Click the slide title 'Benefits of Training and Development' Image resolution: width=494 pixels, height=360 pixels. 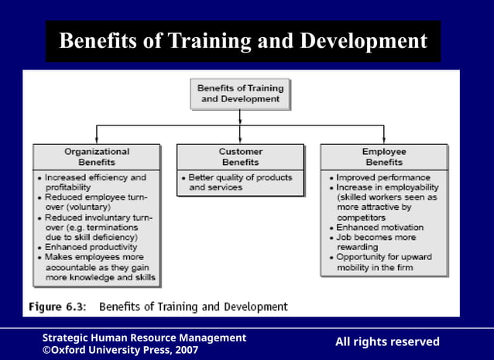(x=243, y=40)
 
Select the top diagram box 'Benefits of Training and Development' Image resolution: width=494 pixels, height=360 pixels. (x=240, y=94)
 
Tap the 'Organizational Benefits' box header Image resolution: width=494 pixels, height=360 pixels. (x=97, y=157)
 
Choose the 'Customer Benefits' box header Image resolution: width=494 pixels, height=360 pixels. (x=240, y=157)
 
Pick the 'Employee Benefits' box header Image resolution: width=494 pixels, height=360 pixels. (x=383, y=157)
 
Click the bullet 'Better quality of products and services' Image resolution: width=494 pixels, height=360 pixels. (x=240, y=183)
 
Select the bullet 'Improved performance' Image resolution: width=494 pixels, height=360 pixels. (x=383, y=177)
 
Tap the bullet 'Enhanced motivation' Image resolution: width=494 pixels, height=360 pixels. (x=380, y=228)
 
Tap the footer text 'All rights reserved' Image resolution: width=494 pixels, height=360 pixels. (x=387, y=342)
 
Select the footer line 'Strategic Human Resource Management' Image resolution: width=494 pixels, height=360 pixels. (x=144, y=338)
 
